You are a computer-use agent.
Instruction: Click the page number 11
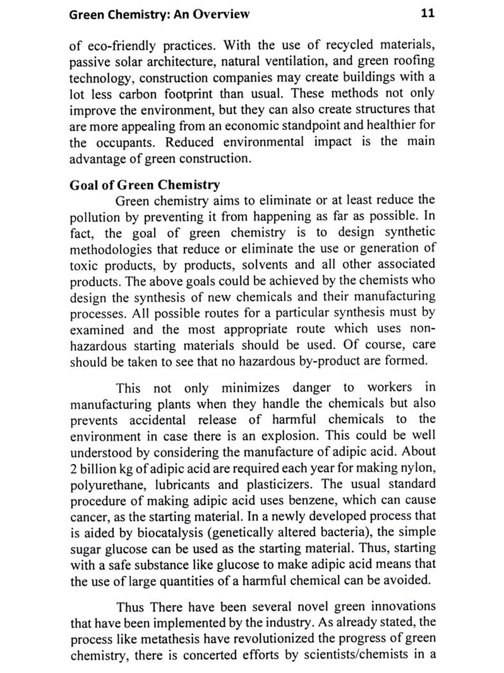pos(427,13)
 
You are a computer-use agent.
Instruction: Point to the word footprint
pos(188,94)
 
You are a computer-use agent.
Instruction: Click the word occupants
pos(126,143)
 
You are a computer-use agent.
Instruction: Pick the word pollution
pos(94,218)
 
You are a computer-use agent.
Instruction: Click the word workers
pos(389,387)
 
